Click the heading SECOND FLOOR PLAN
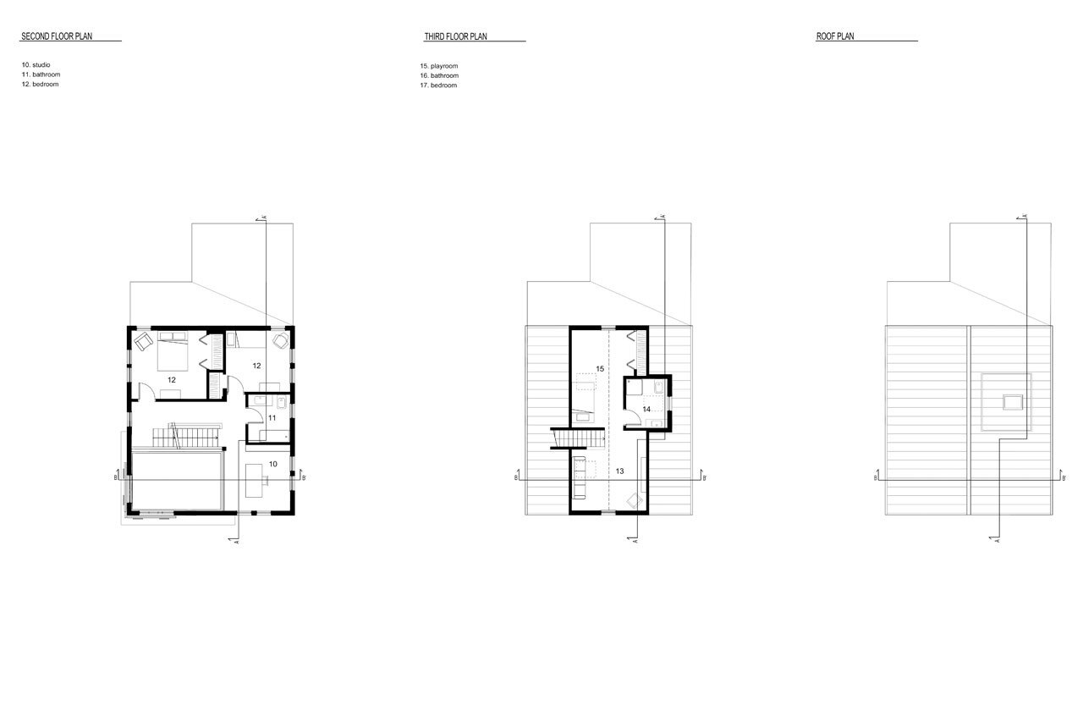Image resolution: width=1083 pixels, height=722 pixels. pos(57,36)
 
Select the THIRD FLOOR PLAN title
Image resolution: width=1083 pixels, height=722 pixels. pos(455,36)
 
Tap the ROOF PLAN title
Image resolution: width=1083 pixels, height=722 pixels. pos(835,36)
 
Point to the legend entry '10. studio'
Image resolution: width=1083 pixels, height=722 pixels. pos(36,65)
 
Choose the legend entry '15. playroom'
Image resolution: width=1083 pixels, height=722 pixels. pos(439,66)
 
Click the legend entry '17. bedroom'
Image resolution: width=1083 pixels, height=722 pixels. pos(438,85)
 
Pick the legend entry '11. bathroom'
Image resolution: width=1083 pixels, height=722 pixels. pos(41,74)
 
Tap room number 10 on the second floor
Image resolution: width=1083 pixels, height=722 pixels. pos(272,464)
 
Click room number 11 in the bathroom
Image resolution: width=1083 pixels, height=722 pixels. pos(272,418)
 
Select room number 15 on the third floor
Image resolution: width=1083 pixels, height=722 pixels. pos(600,368)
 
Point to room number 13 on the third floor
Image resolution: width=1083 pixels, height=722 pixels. pos(620,471)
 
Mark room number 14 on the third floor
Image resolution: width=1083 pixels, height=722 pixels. pos(646,409)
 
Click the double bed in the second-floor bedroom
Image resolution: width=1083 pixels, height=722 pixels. pos(172,351)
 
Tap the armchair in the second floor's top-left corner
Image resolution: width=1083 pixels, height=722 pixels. pos(143,341)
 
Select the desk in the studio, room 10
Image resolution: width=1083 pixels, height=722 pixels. pos(255,480)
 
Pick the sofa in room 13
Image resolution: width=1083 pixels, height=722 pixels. pos(580,477)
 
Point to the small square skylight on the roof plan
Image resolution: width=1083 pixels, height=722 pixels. pos(1013,402)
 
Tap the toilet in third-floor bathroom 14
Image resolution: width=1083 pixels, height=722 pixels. pos(658,387)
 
